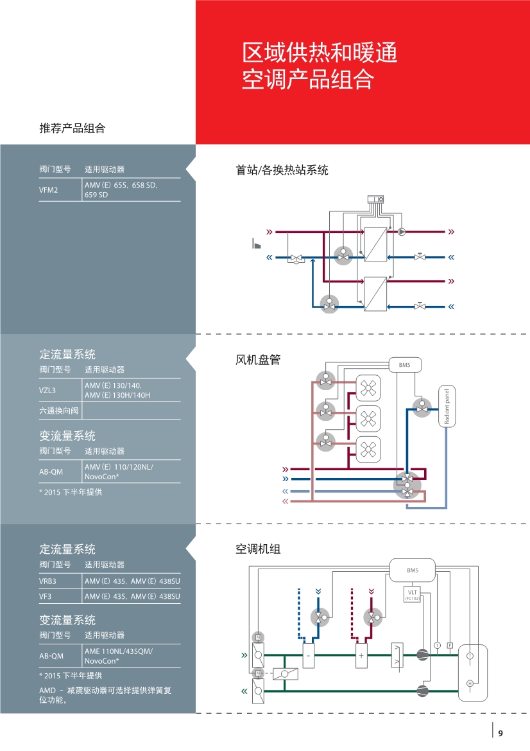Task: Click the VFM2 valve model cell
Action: [x=48, y=190]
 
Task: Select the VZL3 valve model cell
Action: [x=47, y=391]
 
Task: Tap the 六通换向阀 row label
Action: [x=59, y=411]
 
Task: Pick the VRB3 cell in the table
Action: [x=48, y=581]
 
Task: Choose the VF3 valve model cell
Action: [x=45, y=597]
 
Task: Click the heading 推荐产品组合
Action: [x=73, y=128]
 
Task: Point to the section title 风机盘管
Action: [x=258, y=360]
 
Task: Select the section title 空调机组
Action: [x=258, y=549]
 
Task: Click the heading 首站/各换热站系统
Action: [x=282, y=170]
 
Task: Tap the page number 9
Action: [x=500, y=733]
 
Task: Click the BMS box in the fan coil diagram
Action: [x=405, y=365]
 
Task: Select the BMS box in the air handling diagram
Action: [x=413, y=570]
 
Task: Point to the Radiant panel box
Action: [x=447, y=407]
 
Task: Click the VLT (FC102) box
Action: [x=413, y=594]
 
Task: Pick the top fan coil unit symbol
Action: [x=368, y=388]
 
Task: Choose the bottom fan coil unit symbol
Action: [x=368, y=449]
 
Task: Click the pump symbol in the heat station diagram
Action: [x=402, y=232]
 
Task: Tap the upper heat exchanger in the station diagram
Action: [x=375, y=244]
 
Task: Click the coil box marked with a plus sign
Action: [x=361, y=656]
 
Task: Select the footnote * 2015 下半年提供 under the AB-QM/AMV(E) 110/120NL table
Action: [x=71, y=492]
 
